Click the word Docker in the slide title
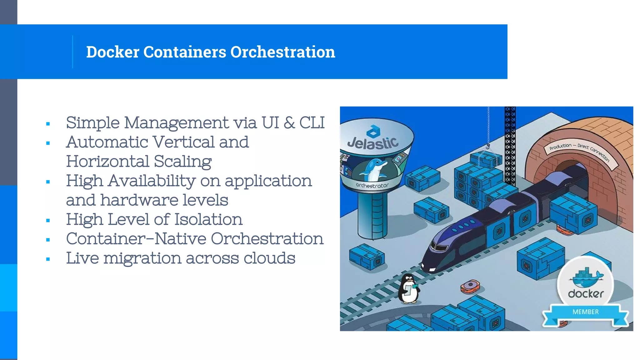click(112, 52)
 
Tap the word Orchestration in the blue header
click(282, 52)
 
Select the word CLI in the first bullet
click(312, 122)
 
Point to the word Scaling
click(182, 162)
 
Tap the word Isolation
click(208, 219)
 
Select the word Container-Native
click(136, 239)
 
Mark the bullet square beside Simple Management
click(48, 124)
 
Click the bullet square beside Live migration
click(48, 259)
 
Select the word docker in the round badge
click(586, 294)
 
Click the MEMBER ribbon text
click(586, 312)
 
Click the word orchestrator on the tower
click(372, 186)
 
